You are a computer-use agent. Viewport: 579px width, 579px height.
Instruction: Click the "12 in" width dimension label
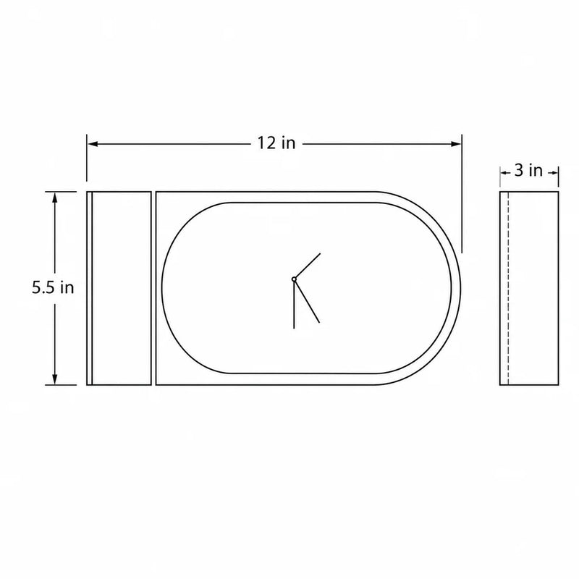point(276,143)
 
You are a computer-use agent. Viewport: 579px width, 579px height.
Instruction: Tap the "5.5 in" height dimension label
point(53,287)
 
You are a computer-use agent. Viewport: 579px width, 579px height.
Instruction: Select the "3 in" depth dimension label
point(528,170)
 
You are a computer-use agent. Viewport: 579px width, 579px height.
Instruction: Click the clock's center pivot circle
point(294,279)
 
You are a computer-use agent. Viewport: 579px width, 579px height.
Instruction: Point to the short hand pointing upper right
point(307,266)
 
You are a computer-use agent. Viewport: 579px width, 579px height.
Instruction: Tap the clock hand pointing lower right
point(307,301)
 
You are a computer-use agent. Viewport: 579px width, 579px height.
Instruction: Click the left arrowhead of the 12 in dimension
point(93,143)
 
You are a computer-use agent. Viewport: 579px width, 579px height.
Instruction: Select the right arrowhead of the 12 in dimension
point(457,143)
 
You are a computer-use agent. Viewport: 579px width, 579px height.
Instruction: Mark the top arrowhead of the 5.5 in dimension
point(55,197)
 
